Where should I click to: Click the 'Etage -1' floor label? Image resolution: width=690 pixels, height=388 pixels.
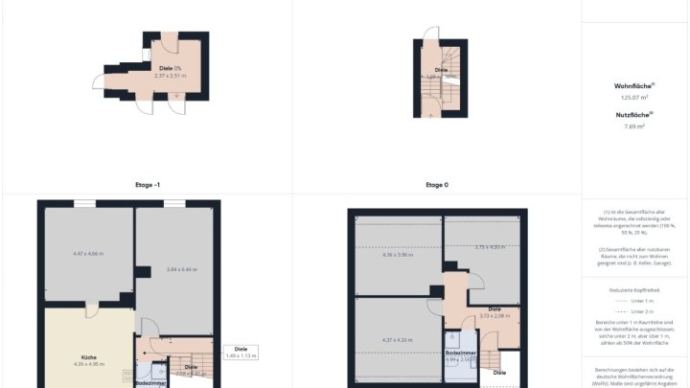point(147,185)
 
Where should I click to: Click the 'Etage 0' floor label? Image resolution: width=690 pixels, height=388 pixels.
point(437,185)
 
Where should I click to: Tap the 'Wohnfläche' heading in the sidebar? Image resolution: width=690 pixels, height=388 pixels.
point(634,85)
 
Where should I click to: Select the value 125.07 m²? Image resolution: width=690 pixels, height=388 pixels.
point(634,97)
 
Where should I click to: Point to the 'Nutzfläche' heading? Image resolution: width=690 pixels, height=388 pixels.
point(634,114)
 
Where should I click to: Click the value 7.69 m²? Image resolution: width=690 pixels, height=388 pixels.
point(634,126)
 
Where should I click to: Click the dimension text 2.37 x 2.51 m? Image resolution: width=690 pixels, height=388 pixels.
point(172,75)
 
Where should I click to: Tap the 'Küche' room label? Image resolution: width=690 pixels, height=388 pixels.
point(88,357)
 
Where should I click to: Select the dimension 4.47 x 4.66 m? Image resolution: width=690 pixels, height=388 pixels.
point(88,254)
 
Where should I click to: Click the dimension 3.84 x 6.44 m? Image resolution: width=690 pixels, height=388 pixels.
point(181,269)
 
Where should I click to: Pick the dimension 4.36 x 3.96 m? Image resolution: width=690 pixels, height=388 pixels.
point(396,255)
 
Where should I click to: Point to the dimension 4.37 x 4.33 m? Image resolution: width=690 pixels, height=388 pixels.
point(397,339)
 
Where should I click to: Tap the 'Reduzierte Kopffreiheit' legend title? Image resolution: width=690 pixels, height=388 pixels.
point(634,288)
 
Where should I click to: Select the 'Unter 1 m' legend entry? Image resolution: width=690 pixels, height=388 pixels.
point(634,300)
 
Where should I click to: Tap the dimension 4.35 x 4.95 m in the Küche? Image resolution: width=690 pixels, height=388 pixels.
point(88,365)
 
